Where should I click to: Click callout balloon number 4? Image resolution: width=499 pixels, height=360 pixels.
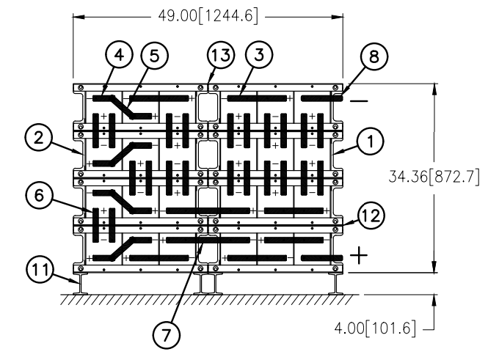click(x=119, y=55)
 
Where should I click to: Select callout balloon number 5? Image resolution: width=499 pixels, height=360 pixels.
click(x=154, y=56)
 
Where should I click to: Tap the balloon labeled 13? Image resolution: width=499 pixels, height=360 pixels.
click(x=221, y=55)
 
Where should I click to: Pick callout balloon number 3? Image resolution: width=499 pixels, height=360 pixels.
click(x=259, y=54)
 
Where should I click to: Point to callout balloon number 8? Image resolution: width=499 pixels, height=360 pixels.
click(x=374, y=56)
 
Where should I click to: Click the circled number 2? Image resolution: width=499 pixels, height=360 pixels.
click(x=38, y=139)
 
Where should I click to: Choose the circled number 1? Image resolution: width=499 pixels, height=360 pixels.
click(x=370, y=141)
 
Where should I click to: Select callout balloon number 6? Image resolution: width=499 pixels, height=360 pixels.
click(x=39, y=195)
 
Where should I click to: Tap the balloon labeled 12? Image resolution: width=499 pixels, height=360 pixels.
click(x=371, y=216)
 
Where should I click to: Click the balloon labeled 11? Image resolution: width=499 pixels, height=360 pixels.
click(x=40, y=270)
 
